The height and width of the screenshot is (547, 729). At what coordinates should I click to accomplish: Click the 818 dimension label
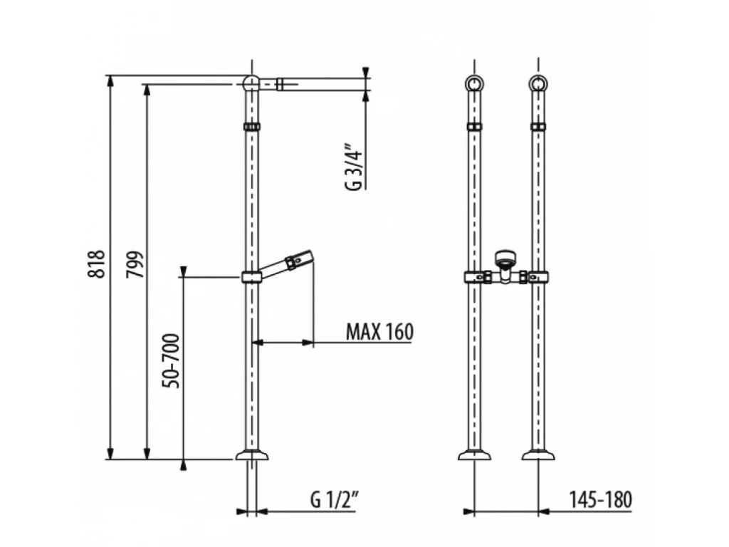click(x=96, y=264)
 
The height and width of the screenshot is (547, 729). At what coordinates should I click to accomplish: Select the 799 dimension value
click(x=135, y=265)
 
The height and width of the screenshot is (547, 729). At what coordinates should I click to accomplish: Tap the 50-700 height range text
click(x=171, y=361)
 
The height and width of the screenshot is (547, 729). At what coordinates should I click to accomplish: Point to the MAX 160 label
click(x=379, y=332)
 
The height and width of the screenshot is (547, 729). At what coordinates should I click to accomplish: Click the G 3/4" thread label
click(x=353, y=170)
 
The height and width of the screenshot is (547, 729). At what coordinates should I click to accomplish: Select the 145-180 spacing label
click(x=601, y=499)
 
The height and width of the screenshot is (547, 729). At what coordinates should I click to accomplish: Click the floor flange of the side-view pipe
click(x=252, y=454)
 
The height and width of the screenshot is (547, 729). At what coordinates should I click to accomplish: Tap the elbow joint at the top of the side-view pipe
click(x=251, y=83)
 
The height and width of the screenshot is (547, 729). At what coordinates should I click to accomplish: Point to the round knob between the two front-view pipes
click(x=505, y=258)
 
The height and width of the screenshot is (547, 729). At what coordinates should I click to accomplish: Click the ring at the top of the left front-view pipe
click(x=474, y=83)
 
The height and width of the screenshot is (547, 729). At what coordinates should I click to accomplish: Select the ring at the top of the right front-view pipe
click(x=538, y=83)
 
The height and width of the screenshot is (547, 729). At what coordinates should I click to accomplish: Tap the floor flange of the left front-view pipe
click(x=474, y=454)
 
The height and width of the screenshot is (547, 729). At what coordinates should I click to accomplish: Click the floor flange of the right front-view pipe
click(x=538, y=454)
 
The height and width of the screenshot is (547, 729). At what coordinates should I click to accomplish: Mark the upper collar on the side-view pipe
click(x=251, y=127)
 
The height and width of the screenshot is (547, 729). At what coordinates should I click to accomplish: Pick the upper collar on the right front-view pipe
click(x=538, y=127)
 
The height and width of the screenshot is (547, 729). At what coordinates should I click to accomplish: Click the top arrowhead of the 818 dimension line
click(x=110, y=81)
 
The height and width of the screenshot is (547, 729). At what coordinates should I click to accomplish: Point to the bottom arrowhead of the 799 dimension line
click(x=147, y=452)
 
